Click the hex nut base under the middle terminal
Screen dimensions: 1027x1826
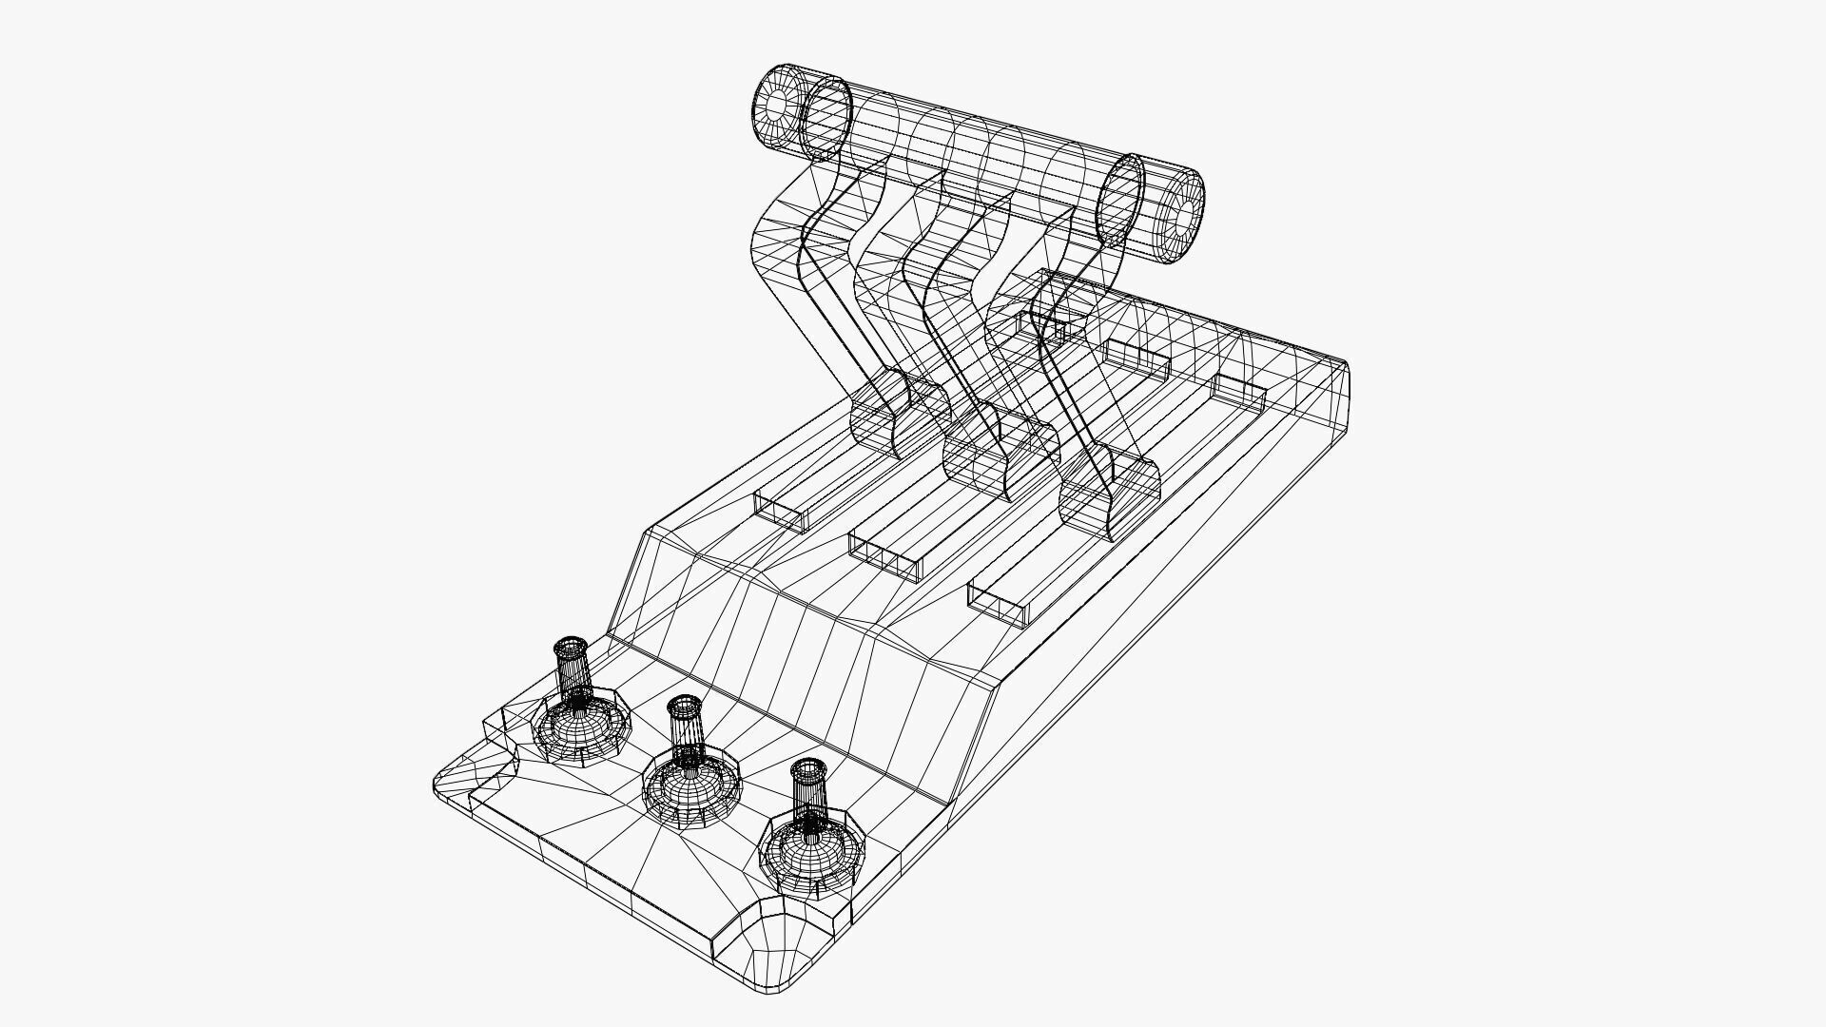[691, 786]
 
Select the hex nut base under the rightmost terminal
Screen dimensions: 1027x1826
[813, 854]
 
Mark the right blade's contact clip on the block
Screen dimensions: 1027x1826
[1109, 494]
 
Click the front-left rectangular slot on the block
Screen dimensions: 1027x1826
[780, 511]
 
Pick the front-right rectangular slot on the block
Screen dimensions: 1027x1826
[999, 605]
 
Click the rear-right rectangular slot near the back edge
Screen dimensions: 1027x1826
[1240, 392]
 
